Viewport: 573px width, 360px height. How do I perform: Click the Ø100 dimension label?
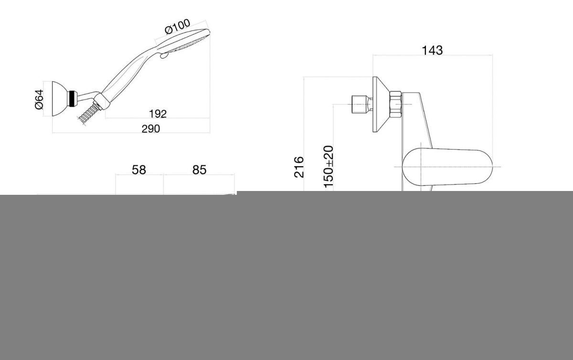pos(178,27)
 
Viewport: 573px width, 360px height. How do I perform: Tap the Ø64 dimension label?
pos(39,99)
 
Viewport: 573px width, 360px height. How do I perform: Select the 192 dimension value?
pos(158,114)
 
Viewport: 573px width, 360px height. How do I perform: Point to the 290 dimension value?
pos(151,129)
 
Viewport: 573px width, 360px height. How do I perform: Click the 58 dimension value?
pos(138,170)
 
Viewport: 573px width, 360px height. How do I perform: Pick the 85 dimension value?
pos(199,170)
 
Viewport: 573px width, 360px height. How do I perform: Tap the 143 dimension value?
pos(432,51)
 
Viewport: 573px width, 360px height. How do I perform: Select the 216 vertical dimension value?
pos(299,167)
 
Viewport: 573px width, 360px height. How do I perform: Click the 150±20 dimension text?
pos(329,167)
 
